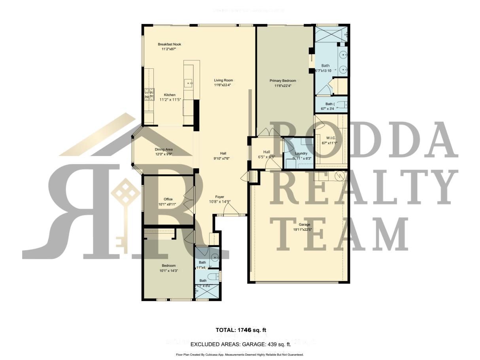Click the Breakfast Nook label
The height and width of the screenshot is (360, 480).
coord(169,44)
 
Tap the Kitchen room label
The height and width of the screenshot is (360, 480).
coord(170,95)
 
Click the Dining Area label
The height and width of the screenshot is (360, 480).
coord(163,150)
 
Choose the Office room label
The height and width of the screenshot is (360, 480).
coord(168,199)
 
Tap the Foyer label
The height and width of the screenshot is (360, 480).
coord(219,197)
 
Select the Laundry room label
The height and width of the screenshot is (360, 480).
coord(301,153)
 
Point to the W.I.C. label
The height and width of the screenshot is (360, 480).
coord(331,138)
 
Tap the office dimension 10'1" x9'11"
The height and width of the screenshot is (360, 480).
coord(166,204)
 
